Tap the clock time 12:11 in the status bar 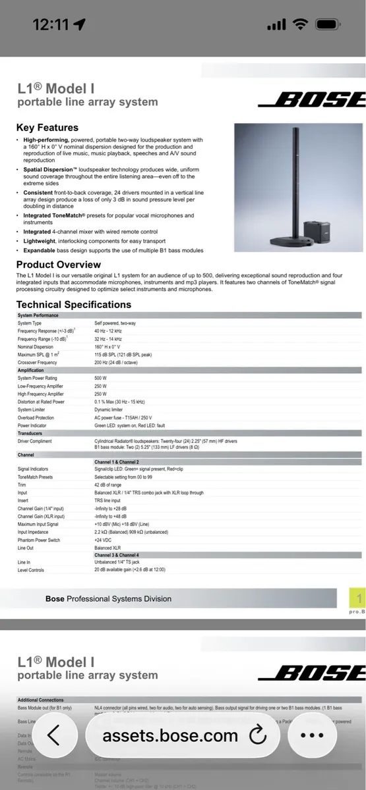coord(51,24)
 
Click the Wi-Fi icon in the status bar coord(301,24)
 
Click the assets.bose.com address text coord(169,735)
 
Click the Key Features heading coord(47,128)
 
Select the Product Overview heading coord(59,265)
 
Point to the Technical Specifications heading coord(73,304)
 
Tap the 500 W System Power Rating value coord(100,378)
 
